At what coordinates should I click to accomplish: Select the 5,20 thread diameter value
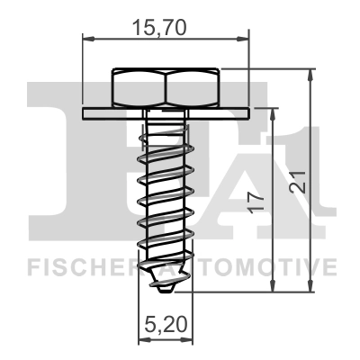coord(163,322)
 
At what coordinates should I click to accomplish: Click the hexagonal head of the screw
coord(166,87)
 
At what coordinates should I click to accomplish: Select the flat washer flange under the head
coord(166,112)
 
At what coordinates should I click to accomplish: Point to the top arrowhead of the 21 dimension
coord(310,73)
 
